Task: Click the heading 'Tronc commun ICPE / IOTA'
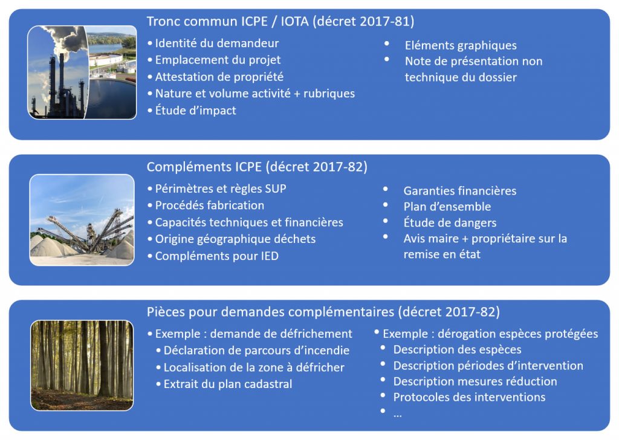pos(228,21)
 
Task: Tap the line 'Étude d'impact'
pos(195,110)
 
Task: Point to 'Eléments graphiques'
pos(461,45)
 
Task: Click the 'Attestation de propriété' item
pos(219,77)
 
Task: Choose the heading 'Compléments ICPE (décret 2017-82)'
pos(257,167)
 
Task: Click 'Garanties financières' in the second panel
pos(460,191)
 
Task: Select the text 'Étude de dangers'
pos(450,222)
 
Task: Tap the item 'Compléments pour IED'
pos(217,256)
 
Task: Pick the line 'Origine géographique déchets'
pos(235,239)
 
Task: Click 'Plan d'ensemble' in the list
pos(447,207)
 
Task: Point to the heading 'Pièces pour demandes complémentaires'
pos(270,312)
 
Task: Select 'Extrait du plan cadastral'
pos(228,384)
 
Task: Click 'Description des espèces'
pos(457,349)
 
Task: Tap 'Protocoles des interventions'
pos(469,397)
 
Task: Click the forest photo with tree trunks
pos(82,366)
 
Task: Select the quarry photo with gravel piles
pos(82,220)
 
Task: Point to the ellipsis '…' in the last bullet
pos(398,415)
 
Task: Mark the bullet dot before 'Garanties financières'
pos(385,189)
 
